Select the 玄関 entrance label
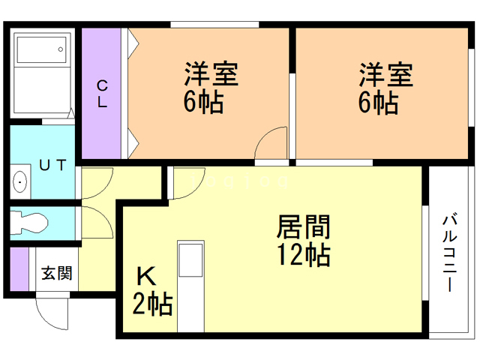click(x=57, y=273)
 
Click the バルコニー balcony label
click(x=451, y=253)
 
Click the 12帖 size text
click(x=304, y=256)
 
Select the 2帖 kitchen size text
click(x=152, y=305)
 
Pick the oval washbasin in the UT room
click(x=19, y=181)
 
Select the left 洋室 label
click(x=211, y=74)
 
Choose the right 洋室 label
click(x=385, y=74)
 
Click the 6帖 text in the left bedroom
click(x=203, y=103)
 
